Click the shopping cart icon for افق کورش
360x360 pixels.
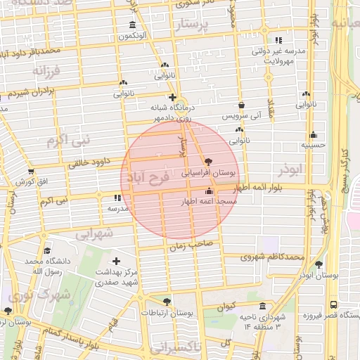[30, 172]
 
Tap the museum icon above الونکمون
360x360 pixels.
[133, 25]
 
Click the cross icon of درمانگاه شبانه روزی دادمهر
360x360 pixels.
[172, 97]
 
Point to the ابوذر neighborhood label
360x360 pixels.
[293, 170]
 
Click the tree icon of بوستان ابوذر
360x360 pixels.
[319, 265]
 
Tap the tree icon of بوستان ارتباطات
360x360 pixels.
[167, 302]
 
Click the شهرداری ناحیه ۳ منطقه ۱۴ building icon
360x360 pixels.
[262, 307]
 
